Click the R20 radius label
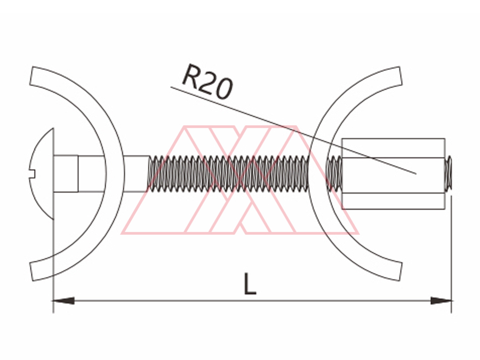(207, 82)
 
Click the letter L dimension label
(250, 284)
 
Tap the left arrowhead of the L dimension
(63, 301)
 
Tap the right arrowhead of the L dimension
(441, 301)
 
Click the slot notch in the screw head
(32, 174)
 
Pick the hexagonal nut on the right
(394, 174)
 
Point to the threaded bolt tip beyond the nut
(449, 174)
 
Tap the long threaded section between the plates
(228, 174)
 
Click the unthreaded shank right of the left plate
(136, 174)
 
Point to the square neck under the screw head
(66, 174)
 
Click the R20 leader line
(293, 131)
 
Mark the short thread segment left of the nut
(334, 174)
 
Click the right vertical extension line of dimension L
(452, 254)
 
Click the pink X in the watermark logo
(241, 180)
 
